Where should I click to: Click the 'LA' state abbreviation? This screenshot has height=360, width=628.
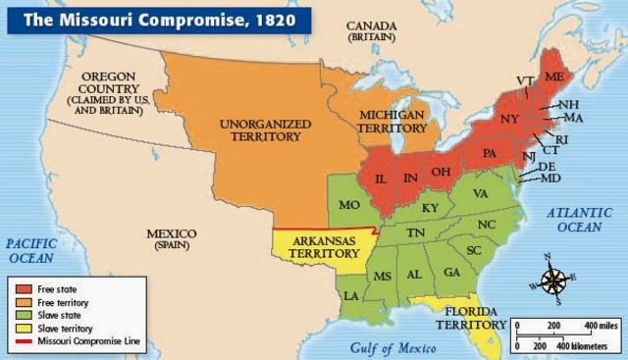click(x=351, y=294)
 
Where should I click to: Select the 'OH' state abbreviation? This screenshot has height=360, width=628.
click(x=443, y=172)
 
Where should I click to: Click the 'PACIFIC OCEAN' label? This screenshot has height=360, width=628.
click(x=32, y=248)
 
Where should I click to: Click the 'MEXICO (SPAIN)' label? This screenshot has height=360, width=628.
click(x=172, y=238)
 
